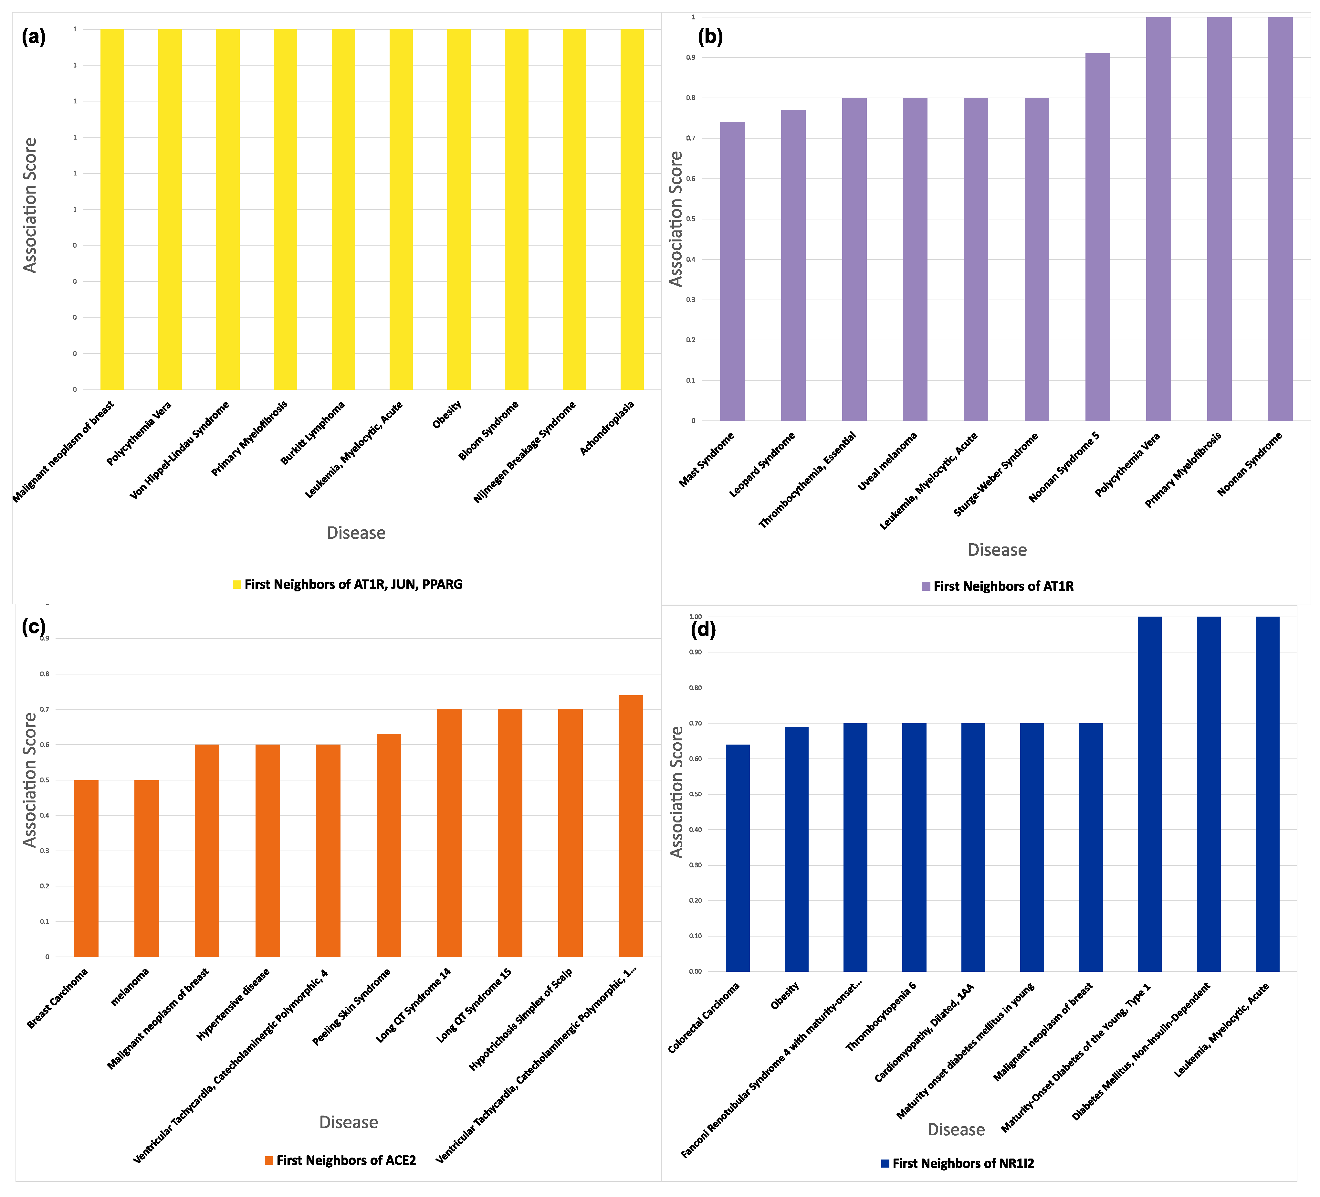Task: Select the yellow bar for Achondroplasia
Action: click(x=632, y=209)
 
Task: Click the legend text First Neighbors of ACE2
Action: click(x=346, y=1160)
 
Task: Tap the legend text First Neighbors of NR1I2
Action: click(x=962, y=1164)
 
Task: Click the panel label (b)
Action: click(x=710, y=37)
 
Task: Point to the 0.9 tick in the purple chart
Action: click(x=691, y=58)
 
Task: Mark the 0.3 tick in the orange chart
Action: click(x=45, y=851)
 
